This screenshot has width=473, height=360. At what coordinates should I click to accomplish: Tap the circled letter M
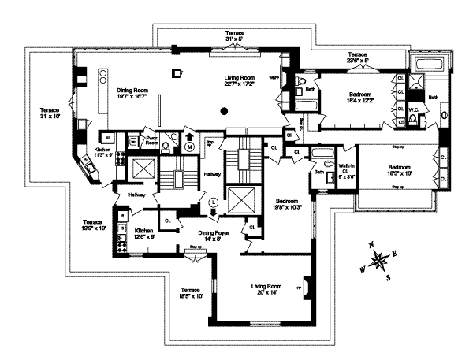coord(189,146)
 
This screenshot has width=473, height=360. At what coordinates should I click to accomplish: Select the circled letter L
coord(212,202)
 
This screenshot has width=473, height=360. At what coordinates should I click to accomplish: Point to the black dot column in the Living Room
coord(225,112)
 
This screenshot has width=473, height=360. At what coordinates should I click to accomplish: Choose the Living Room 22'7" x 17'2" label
coord(241,81)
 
